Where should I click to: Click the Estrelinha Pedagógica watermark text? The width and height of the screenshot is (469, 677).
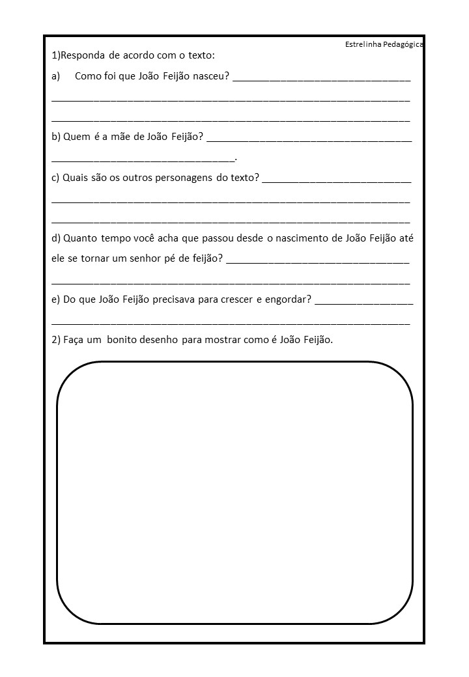[384, 44]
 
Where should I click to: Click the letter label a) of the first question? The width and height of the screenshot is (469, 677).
[55, 76]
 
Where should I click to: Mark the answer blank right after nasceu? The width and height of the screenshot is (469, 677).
[321, 79]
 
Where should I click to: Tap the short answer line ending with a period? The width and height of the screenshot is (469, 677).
[143, 159]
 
